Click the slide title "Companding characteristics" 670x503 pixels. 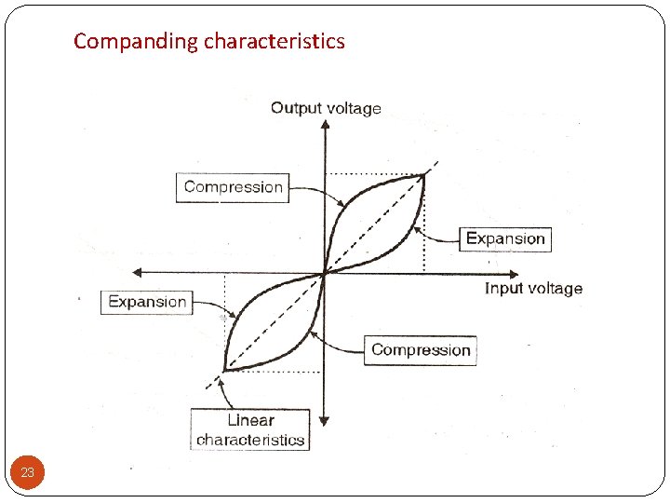pyautogui.click(x=209, y=41)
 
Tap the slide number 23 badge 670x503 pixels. pyautogui.click(x=28, y=473)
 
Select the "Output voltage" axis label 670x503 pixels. pyautogui.click(x=326, y=108)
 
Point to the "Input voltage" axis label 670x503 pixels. pyautogui.click(x=533, y=289)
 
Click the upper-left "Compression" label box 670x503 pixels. pyautogui.click(x=233, y=187)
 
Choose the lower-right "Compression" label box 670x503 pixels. pyautogui.click(x=421, y=350)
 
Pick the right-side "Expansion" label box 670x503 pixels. pyautogui.click(x=505, y=238)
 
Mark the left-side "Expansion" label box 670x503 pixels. pyautogui.click(x=147, y=302)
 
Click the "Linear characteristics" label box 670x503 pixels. pyautogui.click(x=250, y=429)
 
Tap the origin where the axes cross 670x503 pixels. pyautogui.click(x=324, y=272)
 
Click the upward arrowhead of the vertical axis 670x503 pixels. pyautogui.click(x=324, y=125)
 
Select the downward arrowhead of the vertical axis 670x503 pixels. pyautogui.click(x=324, y=420)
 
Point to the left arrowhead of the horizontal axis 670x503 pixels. pyautogui.click(x=137, y=272)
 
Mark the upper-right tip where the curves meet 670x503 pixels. pyautogui.click(x=423, y=174)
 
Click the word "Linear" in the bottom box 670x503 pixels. pyautogui.click(x=250, y=420)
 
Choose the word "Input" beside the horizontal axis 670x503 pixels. pyautogui.click(x=503, y=289)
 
